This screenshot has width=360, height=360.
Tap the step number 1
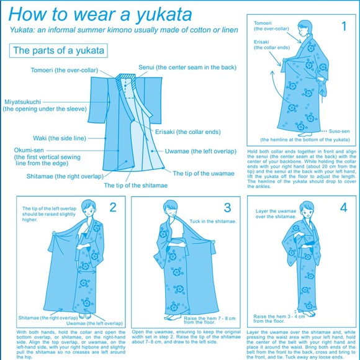[343, 26]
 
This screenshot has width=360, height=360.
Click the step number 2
[113, 207]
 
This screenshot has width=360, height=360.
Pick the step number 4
[343, 207]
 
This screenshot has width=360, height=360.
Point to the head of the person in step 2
[89, 207]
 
